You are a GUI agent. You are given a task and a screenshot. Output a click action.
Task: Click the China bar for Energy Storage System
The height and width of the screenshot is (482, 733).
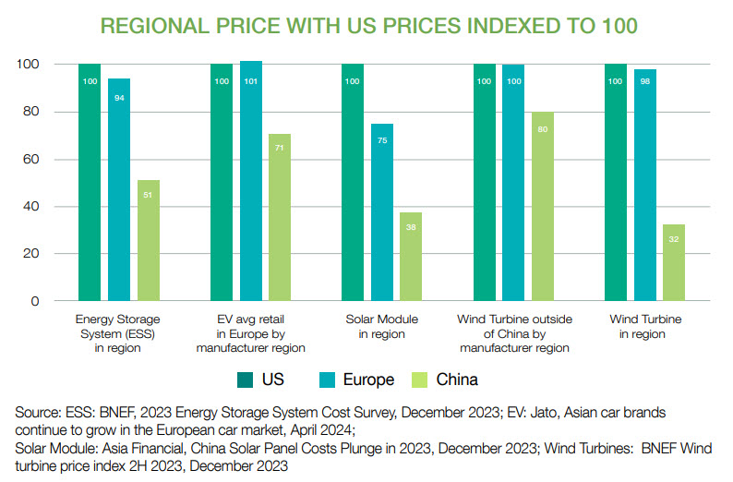pyautogui.click(x=149, y=240)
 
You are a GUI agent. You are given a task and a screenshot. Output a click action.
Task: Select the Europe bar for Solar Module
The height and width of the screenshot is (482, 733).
pyautogui.click(x=382, y=212)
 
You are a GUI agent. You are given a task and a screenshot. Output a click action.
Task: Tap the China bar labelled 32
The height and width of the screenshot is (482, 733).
pyautogui.click(x=674, y=262)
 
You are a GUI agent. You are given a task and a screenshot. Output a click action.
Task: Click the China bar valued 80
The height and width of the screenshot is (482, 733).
pyautogui.click(x=543, y=207)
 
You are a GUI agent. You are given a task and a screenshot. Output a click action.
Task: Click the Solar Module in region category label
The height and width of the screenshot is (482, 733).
pyautogui.click(x=381, y=327)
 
